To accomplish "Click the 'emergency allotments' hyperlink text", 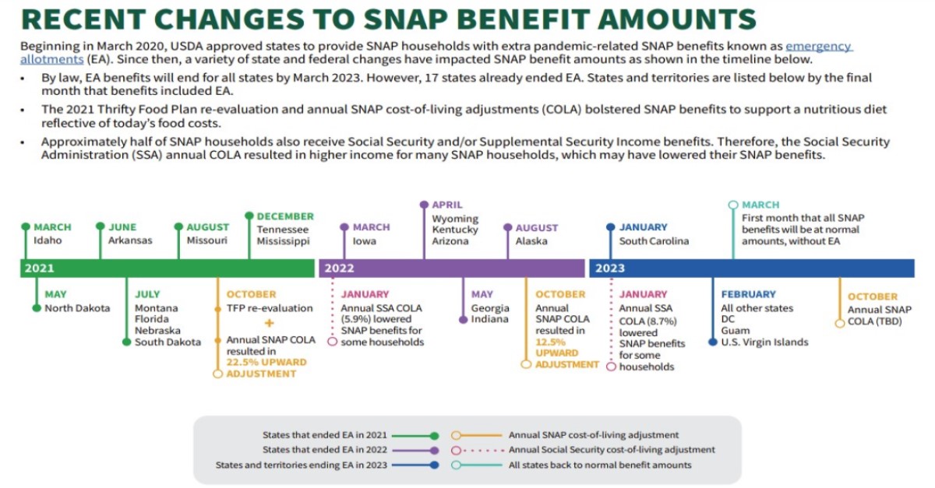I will pos(818,47).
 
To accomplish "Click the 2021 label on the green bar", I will pos(40,269).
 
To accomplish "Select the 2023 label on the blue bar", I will pos(610,269).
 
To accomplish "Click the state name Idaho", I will pos(48,240).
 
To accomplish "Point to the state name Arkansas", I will pos(130,240).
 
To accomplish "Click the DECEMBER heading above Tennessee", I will pos(285,216).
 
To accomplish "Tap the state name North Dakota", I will pos(77,308).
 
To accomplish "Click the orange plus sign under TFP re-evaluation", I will pos(269,323).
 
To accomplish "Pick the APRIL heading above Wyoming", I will pos(447,205).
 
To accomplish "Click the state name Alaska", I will pos(531,241).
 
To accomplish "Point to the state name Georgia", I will pos(489,308).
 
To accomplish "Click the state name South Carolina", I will pos(654,241).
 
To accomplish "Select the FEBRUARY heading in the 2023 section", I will pos(748,295).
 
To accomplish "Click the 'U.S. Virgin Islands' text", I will pos(764,342).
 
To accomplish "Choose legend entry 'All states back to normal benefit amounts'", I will pos(600,465).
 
